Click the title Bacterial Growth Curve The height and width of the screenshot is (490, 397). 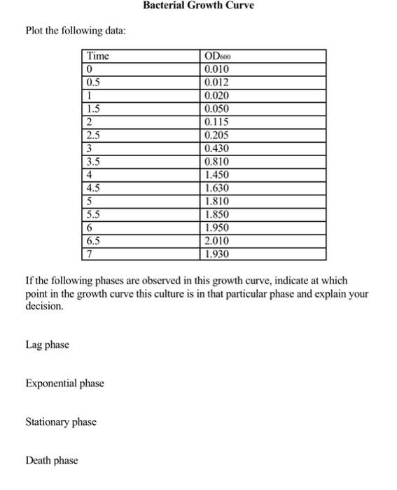(198, 6)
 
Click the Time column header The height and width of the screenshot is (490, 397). (98, 56)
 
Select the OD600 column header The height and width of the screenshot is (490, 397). (216, 56)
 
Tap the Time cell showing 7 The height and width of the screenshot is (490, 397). (89, 254)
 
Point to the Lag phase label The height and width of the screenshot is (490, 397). (47, 344)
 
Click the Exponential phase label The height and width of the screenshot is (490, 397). (64, 383)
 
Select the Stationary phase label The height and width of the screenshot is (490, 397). (61, 422)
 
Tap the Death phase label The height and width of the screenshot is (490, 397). (52, 461)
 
